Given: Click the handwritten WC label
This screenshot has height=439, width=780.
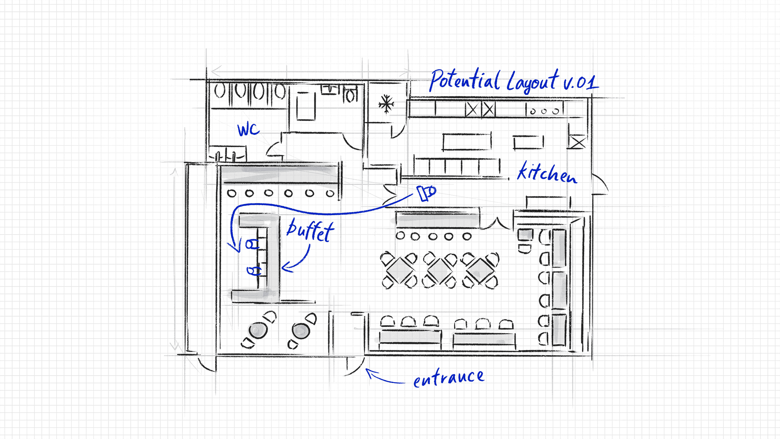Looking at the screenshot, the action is pos(248,130).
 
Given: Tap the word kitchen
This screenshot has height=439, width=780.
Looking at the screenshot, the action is pos(547,173).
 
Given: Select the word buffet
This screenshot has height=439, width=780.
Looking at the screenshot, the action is pos(310,230).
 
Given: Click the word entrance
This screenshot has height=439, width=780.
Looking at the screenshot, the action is pos(448,378).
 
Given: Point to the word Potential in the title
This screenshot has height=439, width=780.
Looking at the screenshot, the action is pos(465,80).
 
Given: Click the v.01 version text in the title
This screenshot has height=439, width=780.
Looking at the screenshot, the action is pos(581,82).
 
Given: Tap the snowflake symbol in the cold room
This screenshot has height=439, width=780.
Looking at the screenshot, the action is pos(386,104).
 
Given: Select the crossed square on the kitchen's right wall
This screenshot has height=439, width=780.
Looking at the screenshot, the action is pos(577,142).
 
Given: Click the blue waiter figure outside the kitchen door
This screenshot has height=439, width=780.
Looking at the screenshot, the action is pos(426,192).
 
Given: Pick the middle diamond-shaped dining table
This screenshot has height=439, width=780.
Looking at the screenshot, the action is pos(440,270).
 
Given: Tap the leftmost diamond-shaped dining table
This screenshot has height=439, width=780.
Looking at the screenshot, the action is pos(399,270).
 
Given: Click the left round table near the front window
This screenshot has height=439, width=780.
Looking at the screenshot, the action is pos(258,330).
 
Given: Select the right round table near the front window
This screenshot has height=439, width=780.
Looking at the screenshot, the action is pos(301,330).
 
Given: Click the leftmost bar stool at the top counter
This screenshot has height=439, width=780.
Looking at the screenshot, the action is pos(232,193).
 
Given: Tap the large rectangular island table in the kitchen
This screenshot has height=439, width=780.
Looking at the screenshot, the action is pos(467,142).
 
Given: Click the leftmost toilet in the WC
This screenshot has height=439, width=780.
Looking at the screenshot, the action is pos(219,91).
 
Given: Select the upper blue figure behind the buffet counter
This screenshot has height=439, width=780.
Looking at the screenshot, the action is pos(252,244).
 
